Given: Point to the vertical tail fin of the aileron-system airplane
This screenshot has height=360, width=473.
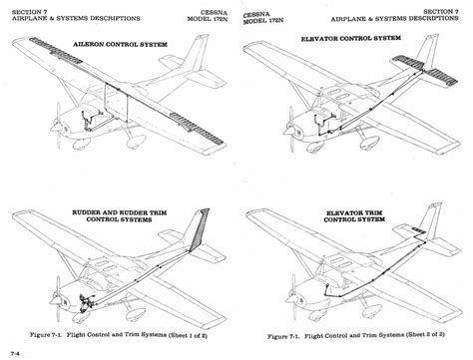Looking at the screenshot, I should [201, 75].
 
